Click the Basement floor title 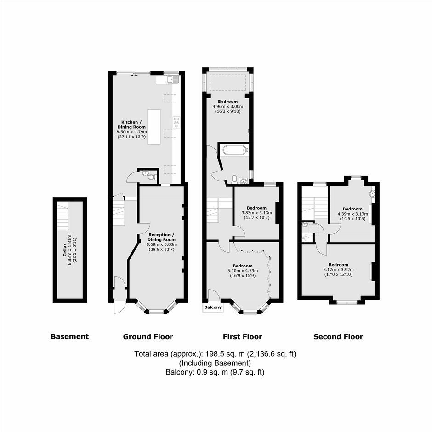click(x=70, y=337)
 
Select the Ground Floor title click(x=148, y=337)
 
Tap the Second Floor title click(x=338, y=337)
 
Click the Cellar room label click(x=64, y=250)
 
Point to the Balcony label click(x=213, y=307)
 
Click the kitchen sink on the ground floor click(x=173, y=80)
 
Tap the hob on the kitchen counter click(x=176, y=122)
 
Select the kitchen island click(x=154, y=127)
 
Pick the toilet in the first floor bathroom click(x=234, y=179)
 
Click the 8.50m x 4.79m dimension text click(x=132, y=132)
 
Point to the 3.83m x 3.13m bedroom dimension click(x=257, y=213)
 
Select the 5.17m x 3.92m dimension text click(x=338, y=270)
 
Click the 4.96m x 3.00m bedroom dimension click(x=228, y=106)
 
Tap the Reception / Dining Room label click(x=161, y=237)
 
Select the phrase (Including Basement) click(x=215, y=363)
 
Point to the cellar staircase click(x=63, y=216)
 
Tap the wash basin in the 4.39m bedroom click(x=372, y=193)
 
